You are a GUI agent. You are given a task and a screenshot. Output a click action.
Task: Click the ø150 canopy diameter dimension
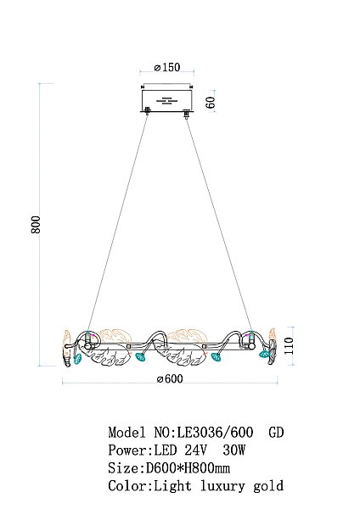pos(167,67)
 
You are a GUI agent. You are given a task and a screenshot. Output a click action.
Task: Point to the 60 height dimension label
pos(211,103)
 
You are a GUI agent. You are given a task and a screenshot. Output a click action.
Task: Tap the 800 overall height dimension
pos(36,224)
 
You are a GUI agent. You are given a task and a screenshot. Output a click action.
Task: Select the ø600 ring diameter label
pos(170,379)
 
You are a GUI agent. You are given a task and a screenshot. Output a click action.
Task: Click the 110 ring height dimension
pos(289,346)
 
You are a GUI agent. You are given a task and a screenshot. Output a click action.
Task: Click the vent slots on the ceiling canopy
pos(167,101)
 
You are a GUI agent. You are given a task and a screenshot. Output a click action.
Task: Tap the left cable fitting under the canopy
pos(148,110)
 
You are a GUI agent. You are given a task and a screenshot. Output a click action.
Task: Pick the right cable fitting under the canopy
pos(187,114)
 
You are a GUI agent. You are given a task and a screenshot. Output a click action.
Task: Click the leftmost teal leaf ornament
pos(77,359)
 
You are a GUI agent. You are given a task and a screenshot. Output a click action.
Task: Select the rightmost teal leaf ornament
pos(264,354)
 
